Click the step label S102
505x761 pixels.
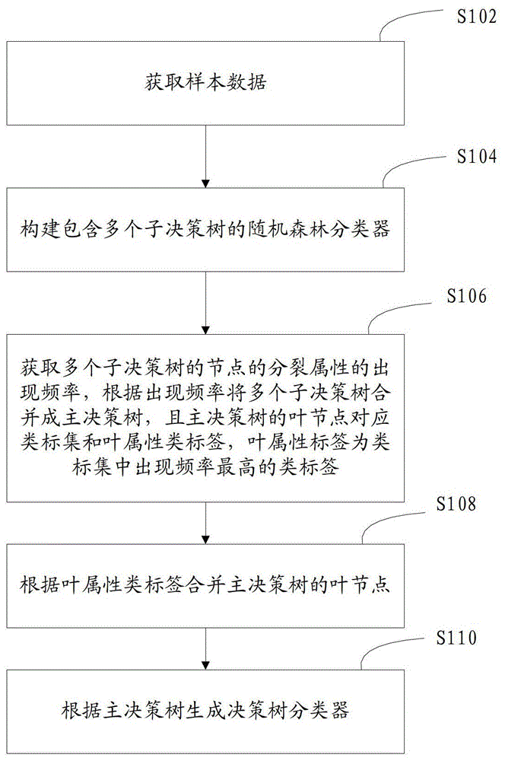(477, 17)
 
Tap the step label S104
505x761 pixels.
(477, 156)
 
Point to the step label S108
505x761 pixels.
(456, 504)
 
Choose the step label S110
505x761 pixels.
(456, 637)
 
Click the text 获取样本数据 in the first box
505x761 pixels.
(205, 82)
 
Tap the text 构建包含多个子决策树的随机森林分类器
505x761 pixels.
(205, 229)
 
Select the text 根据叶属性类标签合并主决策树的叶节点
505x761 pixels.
(205, 584)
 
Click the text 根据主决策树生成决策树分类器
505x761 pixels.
(205, 710)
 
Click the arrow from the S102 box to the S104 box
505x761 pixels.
(205, 156)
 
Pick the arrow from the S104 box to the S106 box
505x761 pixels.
(205, 303)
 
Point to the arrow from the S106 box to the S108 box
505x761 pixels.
(205, 524)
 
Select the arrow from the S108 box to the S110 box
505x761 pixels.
(205, 649)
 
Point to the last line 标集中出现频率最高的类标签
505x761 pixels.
(205, 467)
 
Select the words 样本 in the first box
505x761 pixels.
(205, 82)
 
